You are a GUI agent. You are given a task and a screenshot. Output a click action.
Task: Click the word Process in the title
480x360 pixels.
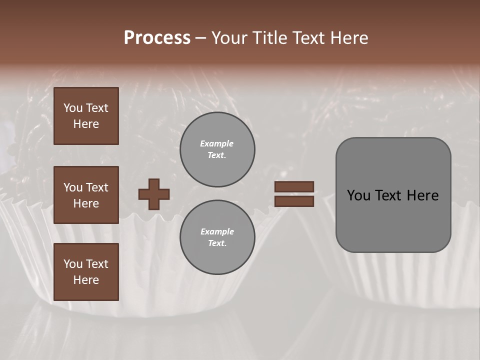pyautogui.click(x=157, y=38)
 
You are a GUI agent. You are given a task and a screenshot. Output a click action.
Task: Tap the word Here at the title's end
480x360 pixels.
pyautogui.click(x=348, y=38)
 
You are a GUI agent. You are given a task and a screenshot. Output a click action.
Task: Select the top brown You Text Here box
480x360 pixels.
pyautogui.click(x=86, y=116)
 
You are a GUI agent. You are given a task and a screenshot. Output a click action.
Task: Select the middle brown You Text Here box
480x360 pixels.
pyautogui.click(x=86, y=195)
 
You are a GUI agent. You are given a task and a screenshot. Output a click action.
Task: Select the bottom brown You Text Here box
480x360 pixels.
pyautogui.click(x=86, y=271)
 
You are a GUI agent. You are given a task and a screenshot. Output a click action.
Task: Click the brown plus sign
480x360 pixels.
pyautogui.click(x=154, y=194)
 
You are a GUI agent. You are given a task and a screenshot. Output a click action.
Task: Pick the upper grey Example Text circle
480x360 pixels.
pyautogui.click(x=217, y=149)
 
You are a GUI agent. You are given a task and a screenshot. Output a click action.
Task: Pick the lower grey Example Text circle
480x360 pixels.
pyautogui.click(x=217, y=237)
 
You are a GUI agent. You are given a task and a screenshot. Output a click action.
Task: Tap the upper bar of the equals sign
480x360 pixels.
pyautogui.click(x=294, y=186)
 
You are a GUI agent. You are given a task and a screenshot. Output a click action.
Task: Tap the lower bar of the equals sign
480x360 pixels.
pyautogui.click(x=294, y=201)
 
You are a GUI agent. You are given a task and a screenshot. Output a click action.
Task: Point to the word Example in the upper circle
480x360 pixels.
pyautogui.click(x=217, y=143)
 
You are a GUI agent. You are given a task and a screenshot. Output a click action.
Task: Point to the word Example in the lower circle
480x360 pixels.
pyautogui.click(x=217, y=231)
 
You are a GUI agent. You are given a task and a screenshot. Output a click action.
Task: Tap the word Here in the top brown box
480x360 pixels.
pyautogui.click(x=86, y=124)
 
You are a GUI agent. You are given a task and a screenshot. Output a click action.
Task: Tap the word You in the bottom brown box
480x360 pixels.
pyautogui.click(x=73, y=263)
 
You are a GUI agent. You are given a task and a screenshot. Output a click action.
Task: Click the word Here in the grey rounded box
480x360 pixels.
pyautogui.click(x=422, y=195)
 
